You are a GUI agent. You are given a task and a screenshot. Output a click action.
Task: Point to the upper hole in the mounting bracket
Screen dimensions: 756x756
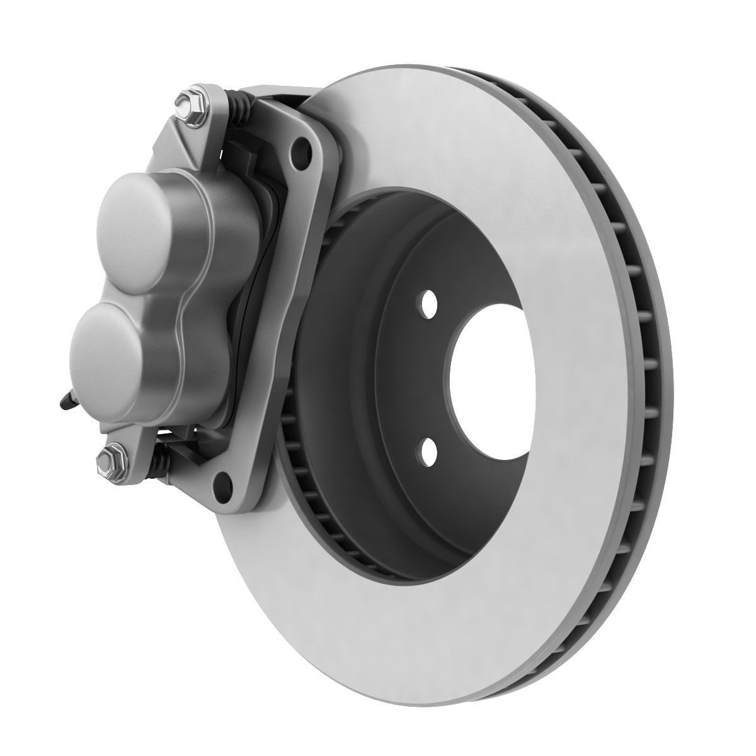[305, 151]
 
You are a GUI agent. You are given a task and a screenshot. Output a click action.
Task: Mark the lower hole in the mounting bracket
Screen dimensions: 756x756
[221, 484]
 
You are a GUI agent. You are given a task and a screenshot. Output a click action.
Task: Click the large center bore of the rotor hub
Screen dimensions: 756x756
[491, 378]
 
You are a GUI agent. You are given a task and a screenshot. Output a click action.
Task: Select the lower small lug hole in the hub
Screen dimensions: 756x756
[429, 449]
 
